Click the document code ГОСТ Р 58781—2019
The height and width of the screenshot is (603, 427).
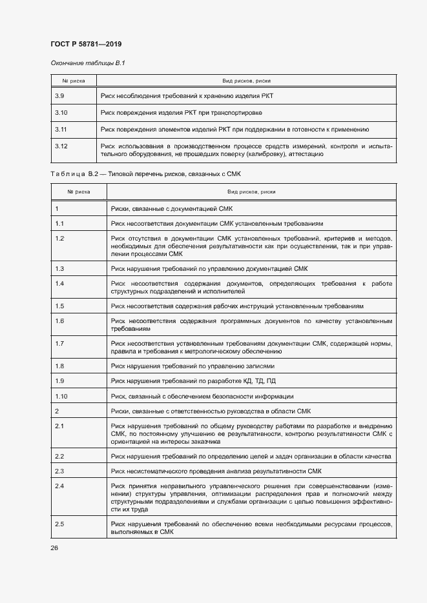(x=86, y=44)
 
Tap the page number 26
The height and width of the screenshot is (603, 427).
(x=54, y=548)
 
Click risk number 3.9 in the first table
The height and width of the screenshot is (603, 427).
(x=59, y=95)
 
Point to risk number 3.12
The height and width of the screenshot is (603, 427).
(x=61, y=146)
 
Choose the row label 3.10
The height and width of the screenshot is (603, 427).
(x=61, y=113)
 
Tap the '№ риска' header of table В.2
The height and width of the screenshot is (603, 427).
(x=79, y=192)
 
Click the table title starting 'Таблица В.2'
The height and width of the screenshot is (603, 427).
(x=145, y=174)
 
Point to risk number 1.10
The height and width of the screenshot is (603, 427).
(x=62, y=396)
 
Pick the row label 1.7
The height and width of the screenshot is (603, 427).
(x=59, y=344)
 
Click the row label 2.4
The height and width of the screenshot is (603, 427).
(x=59, y=485)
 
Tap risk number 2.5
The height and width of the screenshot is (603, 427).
(x=59, y=523)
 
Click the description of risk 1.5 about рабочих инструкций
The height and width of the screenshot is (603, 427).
(x=237, y=306)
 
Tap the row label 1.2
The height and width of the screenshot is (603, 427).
(x=59, y=239)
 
